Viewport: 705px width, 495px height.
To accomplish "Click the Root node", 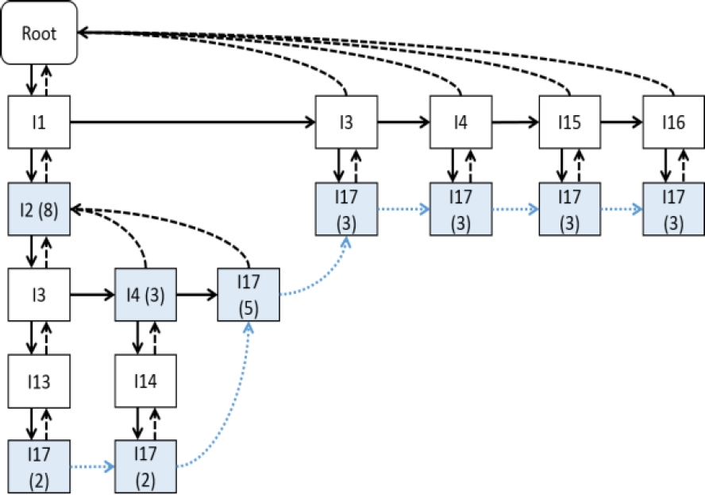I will [40, 33].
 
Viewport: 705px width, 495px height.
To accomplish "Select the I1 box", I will [39, 123].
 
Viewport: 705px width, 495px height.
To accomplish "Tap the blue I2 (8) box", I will [39, 209].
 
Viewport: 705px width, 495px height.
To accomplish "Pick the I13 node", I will [39, 381].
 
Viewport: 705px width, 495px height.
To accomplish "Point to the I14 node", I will [147, 381].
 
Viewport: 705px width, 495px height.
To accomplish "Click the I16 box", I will [674, 123].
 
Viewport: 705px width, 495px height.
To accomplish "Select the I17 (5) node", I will [248, 295].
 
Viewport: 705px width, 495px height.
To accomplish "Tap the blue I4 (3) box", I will [147, 295].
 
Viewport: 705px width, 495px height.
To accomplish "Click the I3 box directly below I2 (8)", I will [39, 295].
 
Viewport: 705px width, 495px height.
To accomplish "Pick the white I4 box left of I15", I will [461, 123].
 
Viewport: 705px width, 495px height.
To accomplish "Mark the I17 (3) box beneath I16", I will [674, 209].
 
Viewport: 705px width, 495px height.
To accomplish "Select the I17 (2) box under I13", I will [39, 467].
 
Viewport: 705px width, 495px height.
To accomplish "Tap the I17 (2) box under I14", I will [147, 467].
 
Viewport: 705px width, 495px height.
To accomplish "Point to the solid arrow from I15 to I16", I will [622, 123].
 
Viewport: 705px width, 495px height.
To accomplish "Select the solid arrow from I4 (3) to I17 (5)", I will [197, 295].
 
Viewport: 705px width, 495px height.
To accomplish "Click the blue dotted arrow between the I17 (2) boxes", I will [93, 467].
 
